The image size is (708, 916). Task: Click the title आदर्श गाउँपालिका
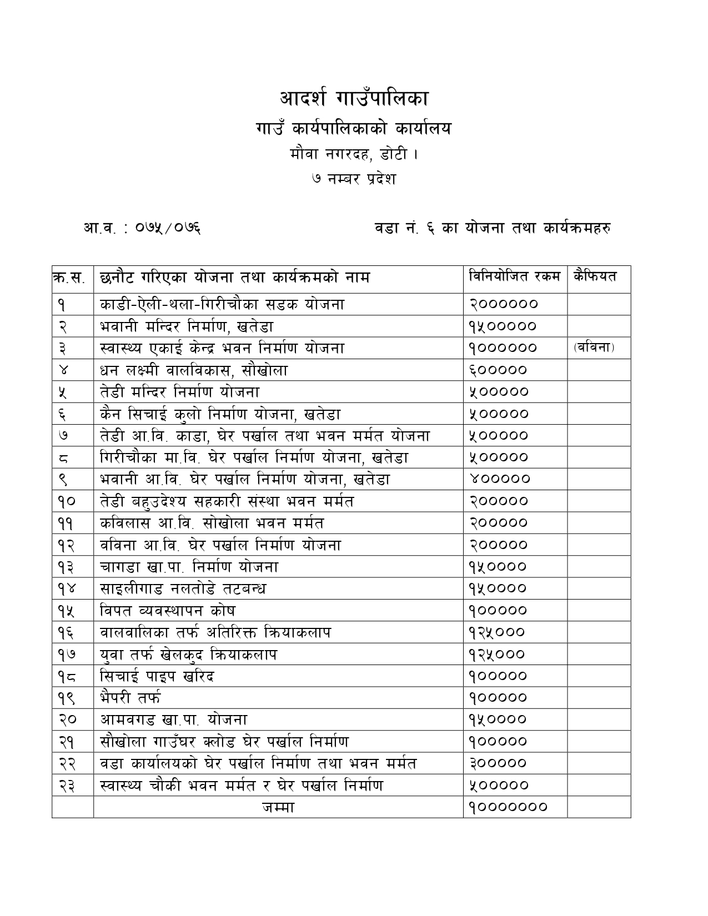click(x=354, y=99)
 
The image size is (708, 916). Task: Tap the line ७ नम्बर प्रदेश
click(x=354, y=179)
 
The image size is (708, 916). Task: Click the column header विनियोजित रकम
click(x=514, y=276)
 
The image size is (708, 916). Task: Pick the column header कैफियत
click(x=596, y=276)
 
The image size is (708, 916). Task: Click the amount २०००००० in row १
click(x=504, y=304)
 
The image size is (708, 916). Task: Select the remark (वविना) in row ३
click(x=594, y=348)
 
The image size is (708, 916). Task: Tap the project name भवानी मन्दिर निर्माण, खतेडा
click(x=187, y=326)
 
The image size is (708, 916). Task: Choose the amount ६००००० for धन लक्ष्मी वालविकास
click(x=498, y=370)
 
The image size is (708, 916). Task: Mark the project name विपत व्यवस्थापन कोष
click(x=168, y=611)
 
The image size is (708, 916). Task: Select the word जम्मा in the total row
click(x=278, y=807)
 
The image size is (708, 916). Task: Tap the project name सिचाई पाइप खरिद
click(x=157, y=676)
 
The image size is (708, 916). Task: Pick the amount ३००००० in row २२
click(x=498, y=763)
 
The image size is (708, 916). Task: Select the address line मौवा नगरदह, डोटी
click(x=354, y=153)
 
